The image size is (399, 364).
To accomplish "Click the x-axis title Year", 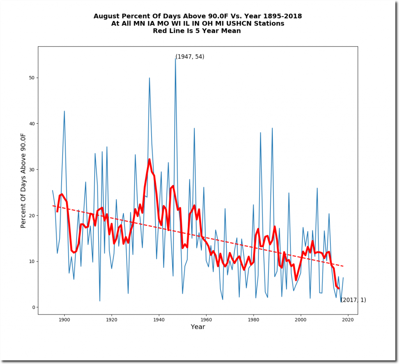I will [x=198, y=327].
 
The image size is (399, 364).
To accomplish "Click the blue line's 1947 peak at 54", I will [x=175, y=59].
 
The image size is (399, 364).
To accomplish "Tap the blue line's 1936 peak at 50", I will [x=149, y=78].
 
